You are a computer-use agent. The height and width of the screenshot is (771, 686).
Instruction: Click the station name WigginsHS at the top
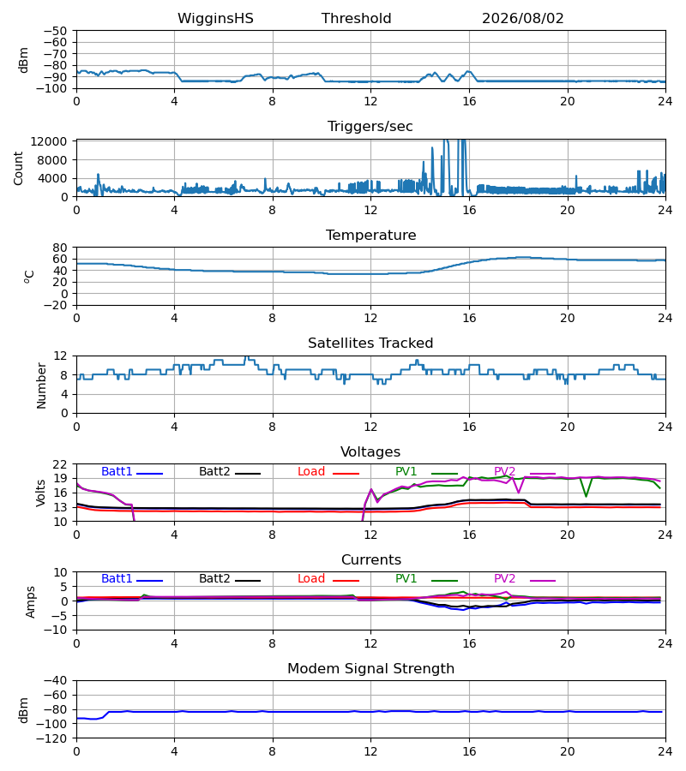215,19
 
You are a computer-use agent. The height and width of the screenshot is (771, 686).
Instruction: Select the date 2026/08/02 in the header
522,19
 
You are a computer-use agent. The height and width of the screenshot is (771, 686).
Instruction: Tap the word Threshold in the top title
356,19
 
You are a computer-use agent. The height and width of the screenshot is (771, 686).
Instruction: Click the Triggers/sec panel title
370,127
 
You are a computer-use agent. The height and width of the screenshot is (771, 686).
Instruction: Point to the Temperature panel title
370,235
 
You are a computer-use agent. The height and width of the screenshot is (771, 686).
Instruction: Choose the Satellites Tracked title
370,344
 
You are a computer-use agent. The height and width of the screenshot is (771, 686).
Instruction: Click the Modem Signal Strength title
370,669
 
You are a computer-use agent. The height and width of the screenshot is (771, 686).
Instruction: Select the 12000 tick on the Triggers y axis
49,141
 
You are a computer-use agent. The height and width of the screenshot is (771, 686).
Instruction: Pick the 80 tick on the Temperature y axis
60,248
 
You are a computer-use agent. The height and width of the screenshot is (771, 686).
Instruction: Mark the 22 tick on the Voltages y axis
60,464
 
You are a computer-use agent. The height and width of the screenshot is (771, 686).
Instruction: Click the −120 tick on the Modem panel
52,738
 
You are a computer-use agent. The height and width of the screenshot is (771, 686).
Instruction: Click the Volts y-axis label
41,493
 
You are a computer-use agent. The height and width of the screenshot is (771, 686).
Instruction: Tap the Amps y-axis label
31,601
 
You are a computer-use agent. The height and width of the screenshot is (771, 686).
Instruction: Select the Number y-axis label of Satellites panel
41,385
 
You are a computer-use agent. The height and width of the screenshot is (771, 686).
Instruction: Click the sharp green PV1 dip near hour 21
586,496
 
